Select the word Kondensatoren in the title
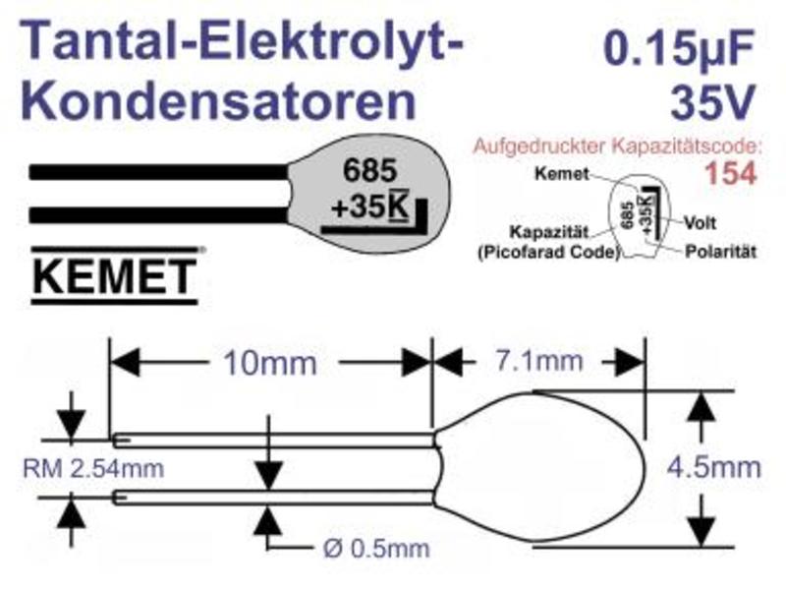point(218,100)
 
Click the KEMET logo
point(115,275)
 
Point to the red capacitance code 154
point(730,174)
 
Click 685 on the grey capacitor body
point(370,170)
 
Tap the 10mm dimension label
point(269,363)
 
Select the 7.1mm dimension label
point(539,361)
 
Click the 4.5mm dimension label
point(714,468)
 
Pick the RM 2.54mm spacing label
point(93,469)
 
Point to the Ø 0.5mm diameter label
point(376,549)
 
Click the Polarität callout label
point(720,252)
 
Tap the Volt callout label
point(700,222)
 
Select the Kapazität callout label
point(548,232)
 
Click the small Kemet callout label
point(561,174)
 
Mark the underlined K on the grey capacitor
point(399,206)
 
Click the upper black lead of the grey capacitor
point(158,172)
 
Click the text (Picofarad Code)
point(548,252)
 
